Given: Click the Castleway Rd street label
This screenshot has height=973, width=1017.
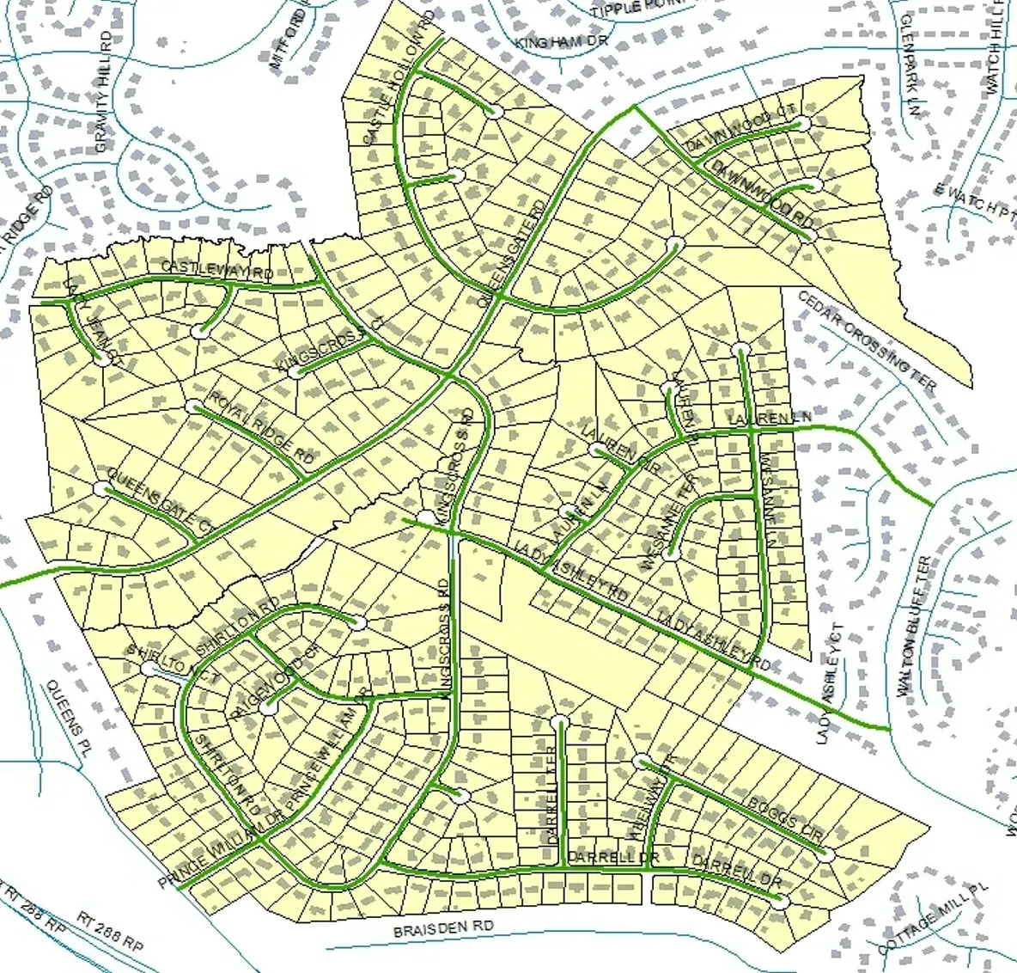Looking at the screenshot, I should [x=217, y=272].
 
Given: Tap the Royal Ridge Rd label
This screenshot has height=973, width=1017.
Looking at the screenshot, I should [x=262, y=427].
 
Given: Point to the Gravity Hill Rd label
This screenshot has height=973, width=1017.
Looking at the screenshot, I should [x=103, y=92].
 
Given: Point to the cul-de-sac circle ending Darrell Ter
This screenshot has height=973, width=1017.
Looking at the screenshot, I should [x=559, y=720].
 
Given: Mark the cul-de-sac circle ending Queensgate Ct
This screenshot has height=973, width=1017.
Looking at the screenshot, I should [x=101, y=489].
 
